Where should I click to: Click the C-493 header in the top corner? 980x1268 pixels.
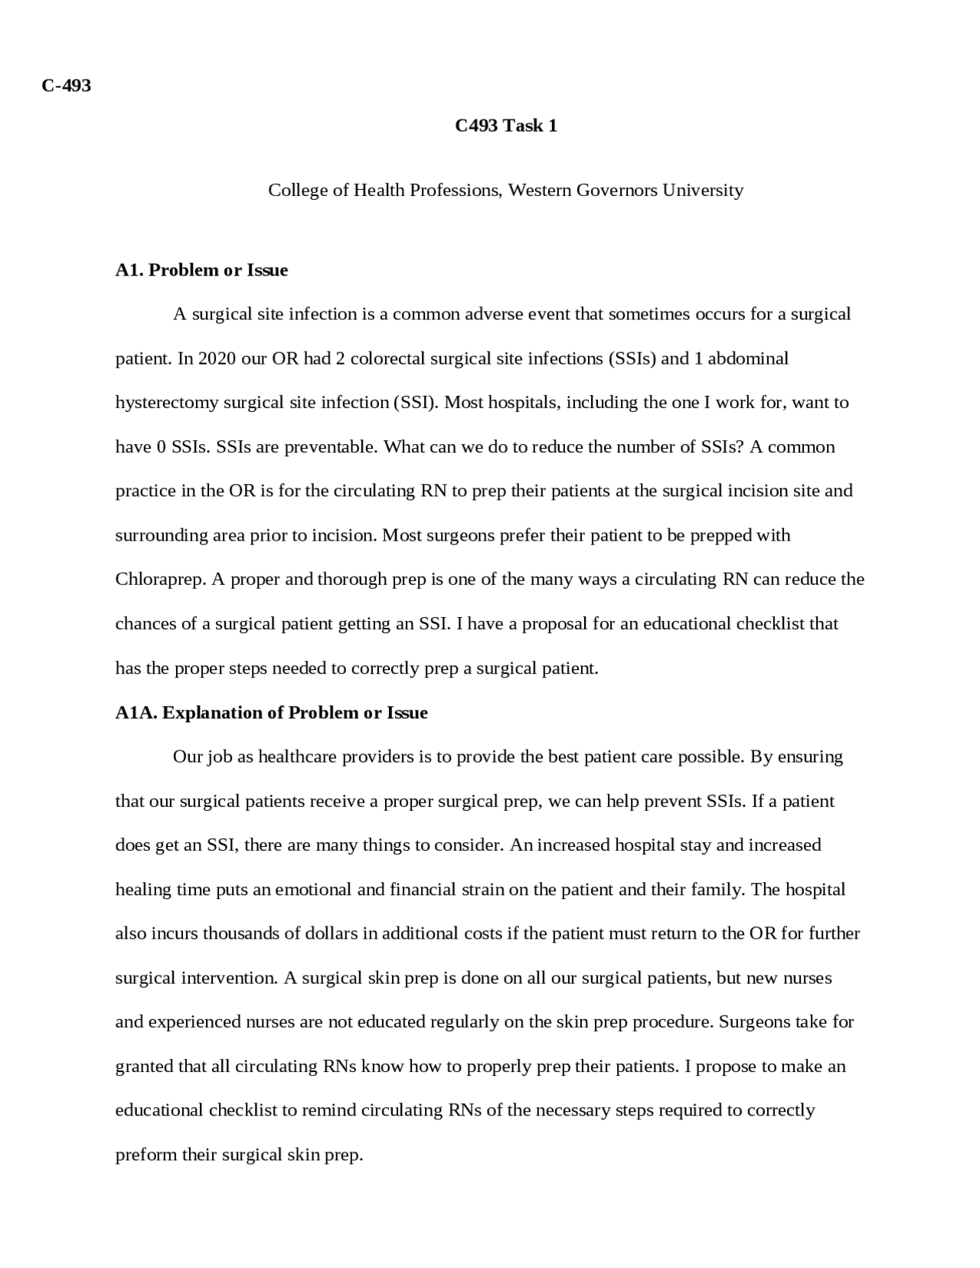click(x=67, y=86)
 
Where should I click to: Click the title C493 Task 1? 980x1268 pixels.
click(x=505, y=126)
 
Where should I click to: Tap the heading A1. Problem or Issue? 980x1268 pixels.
click(x=201, y=270)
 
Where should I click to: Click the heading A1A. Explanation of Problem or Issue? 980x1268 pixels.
click(x=271, y=713)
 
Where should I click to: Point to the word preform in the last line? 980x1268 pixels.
click(x=145, y=1155)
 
